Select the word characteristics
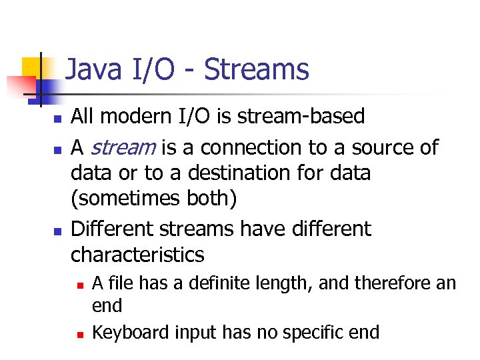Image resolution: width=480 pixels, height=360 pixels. coord(137,254)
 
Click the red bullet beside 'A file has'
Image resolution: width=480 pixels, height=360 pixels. coord(79,285)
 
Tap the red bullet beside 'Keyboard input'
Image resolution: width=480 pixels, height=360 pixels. coord(79,333)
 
